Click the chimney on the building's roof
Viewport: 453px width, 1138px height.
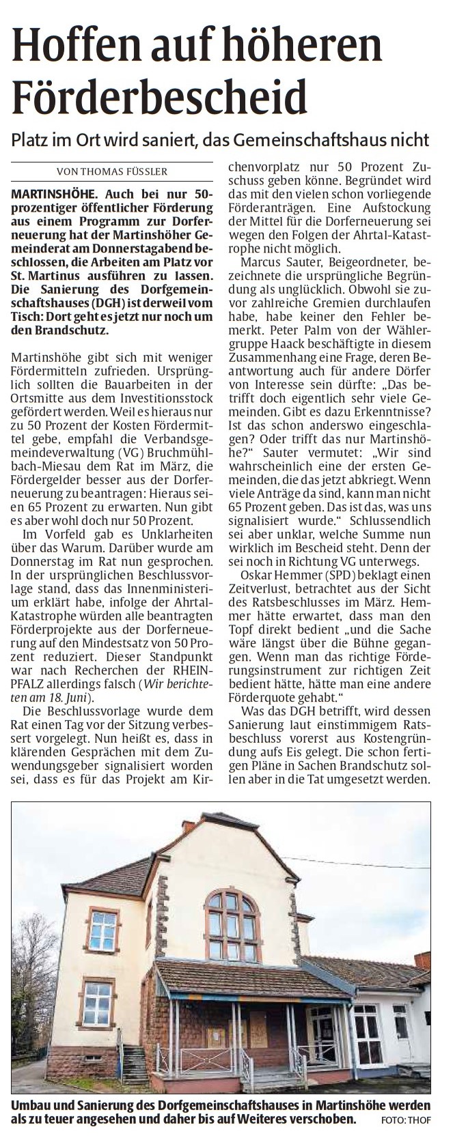(188, 826)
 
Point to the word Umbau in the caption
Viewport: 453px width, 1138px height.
(29, 1105)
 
